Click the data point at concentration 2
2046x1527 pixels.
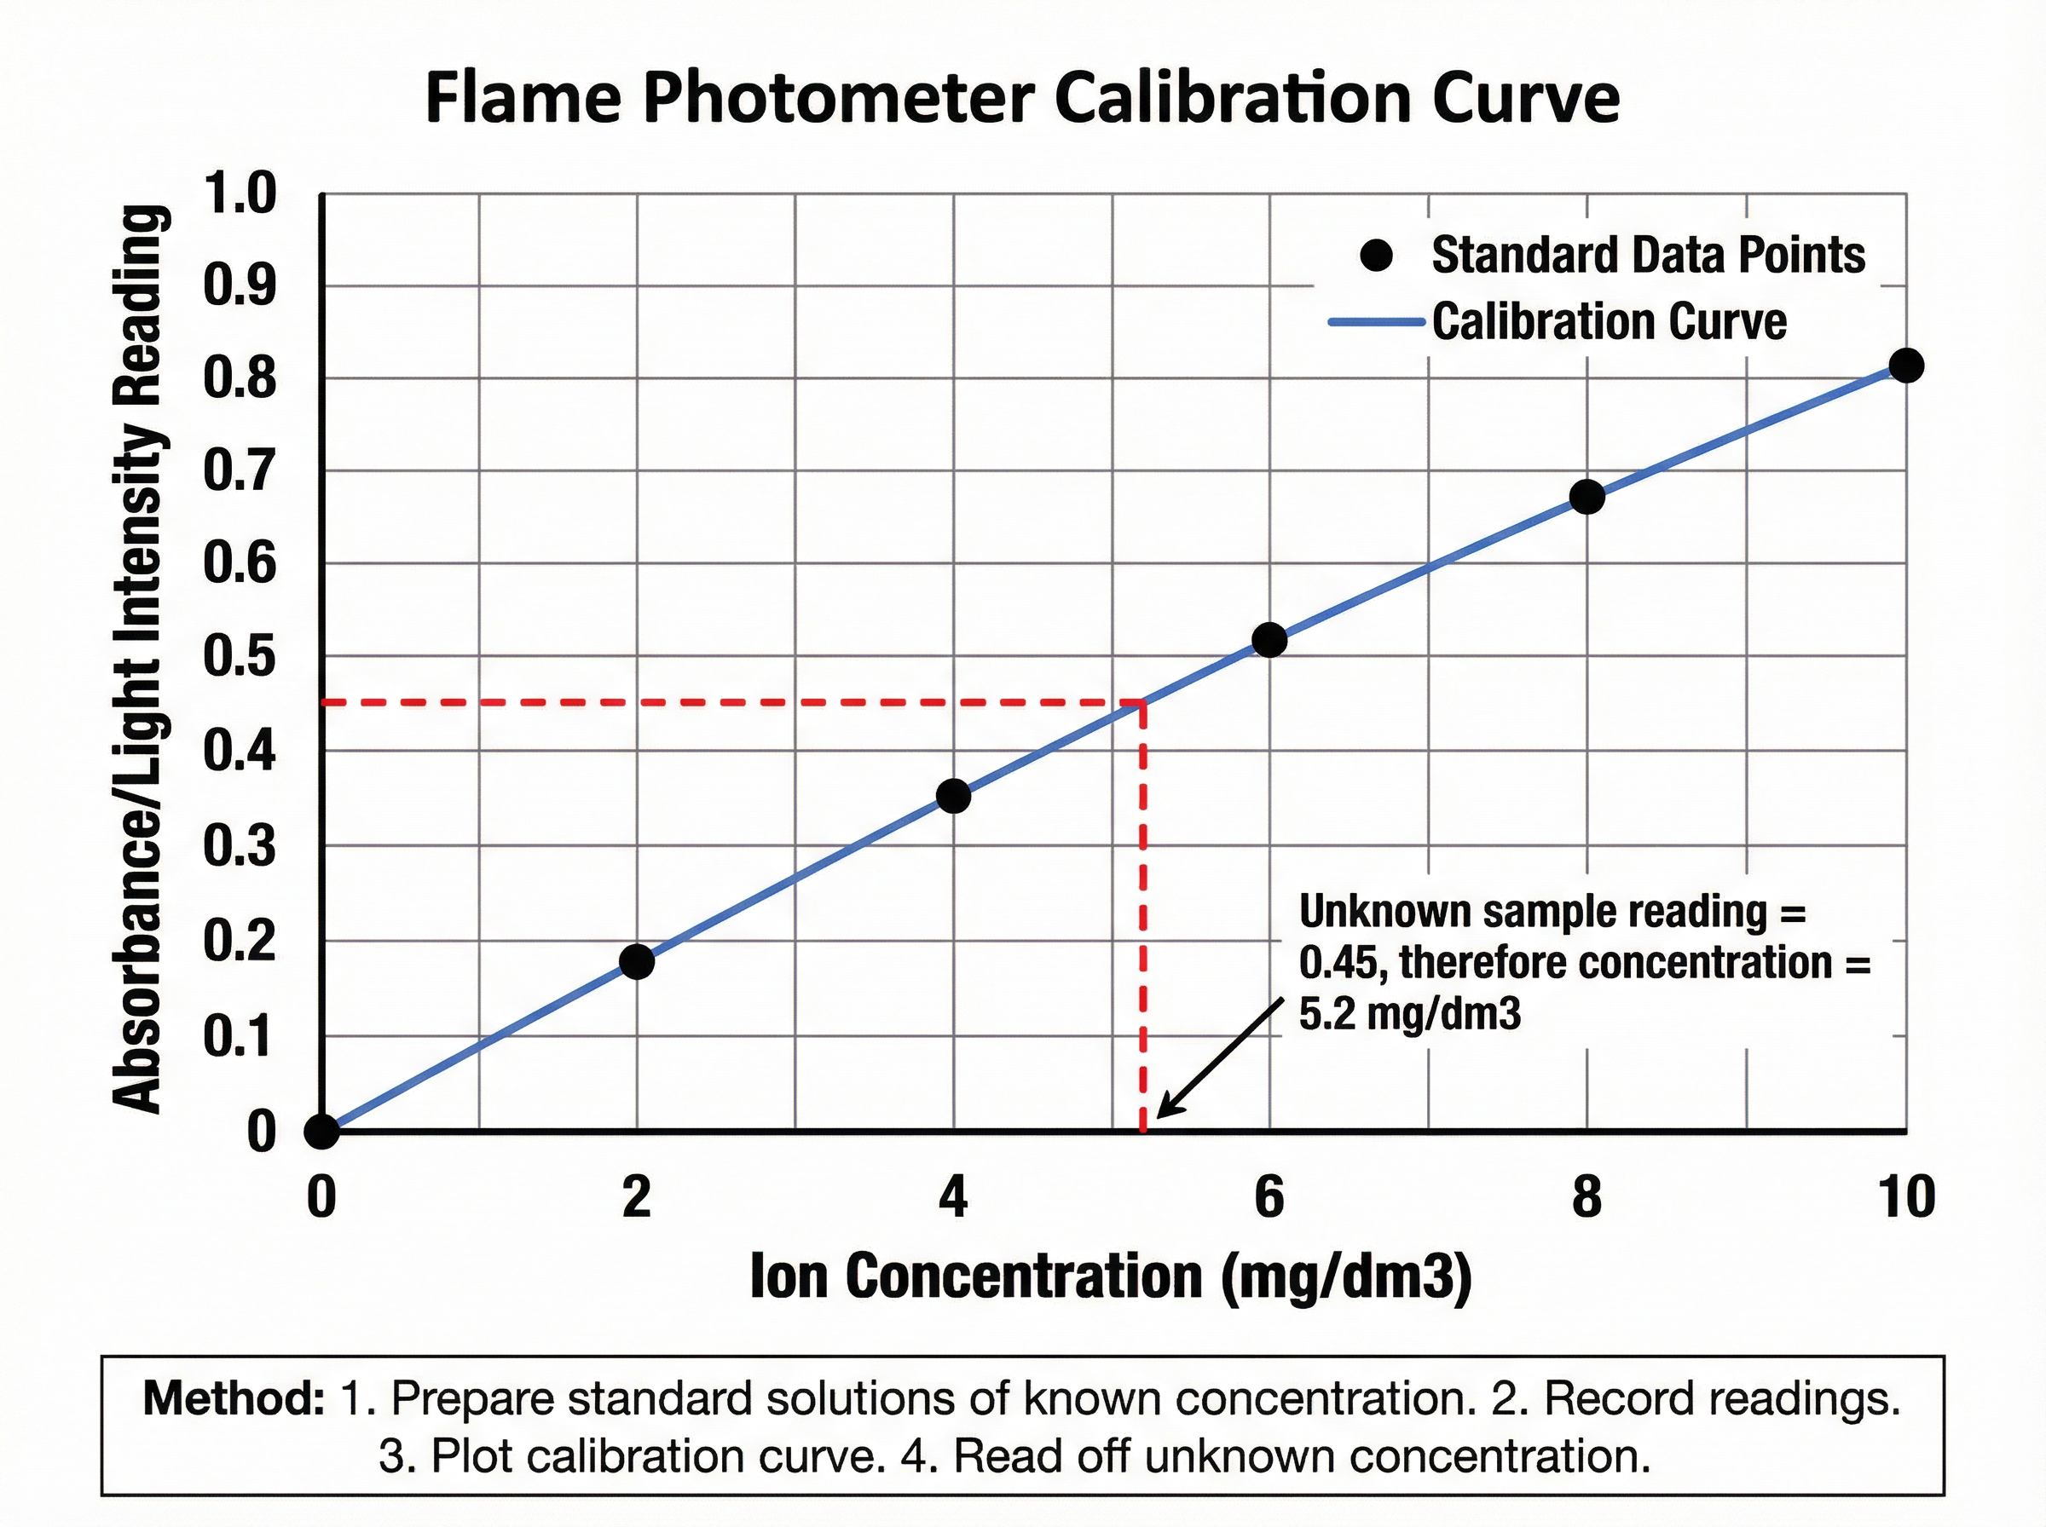[636, 961]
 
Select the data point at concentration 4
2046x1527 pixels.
[953, 796]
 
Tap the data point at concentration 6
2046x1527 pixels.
[1269, 640]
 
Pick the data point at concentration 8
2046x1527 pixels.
[1587, 498]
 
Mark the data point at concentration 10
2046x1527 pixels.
[1905, 365]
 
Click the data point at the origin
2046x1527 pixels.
[321, 1131]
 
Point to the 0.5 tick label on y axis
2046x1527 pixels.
[239, 657]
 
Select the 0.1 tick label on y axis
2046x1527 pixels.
[239, 1037]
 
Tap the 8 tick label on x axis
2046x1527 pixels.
[1587, 1197]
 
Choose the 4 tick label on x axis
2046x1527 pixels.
[953, 1197]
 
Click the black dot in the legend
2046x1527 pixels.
[1377, 255]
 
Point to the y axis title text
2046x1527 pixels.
[141, 658]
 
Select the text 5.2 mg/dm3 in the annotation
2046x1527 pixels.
[1409, 1014]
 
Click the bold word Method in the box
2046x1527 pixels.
[233, 1398]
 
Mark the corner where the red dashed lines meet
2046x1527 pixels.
[1144, 703]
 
